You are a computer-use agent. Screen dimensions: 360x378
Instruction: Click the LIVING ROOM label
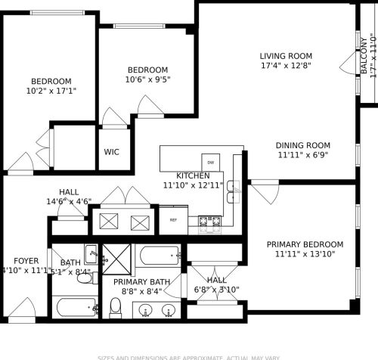click(x=286, y=56)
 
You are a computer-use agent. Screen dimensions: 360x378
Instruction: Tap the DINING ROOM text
click(x=302, y=145)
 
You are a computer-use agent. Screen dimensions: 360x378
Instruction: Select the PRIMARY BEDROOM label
click(x=305, y=244)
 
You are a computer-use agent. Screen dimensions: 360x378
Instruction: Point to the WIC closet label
click(x=112, y=151)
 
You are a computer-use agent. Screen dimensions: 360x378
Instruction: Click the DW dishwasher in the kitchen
click(x=211, y=163)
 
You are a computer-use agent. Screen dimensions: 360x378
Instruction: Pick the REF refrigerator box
click(x=173, y=220)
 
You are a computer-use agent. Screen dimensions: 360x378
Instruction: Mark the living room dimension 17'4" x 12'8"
click(x=286, y=66)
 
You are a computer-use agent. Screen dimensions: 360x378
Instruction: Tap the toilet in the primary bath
click(x=116, y=306)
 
